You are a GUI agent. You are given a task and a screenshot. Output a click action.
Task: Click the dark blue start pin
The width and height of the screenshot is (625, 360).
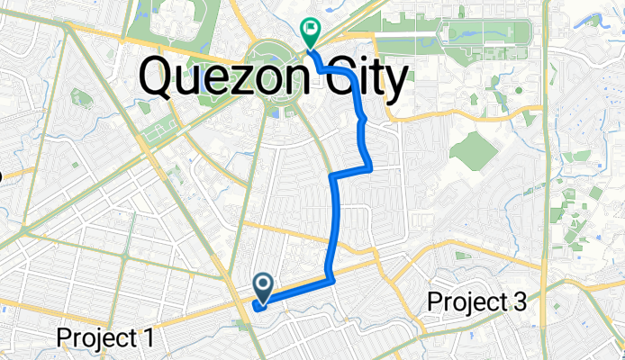coord(264,287)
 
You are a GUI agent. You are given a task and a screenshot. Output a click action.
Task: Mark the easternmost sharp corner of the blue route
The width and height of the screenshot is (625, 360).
coord(370,165)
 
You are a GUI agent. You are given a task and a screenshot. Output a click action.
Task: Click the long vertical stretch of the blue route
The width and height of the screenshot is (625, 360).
coord(338,225)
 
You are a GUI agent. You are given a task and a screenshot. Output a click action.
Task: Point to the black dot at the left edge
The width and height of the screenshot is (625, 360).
coord(1,175)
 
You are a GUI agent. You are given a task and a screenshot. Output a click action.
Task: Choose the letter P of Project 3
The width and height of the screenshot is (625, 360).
coord(435,302)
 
